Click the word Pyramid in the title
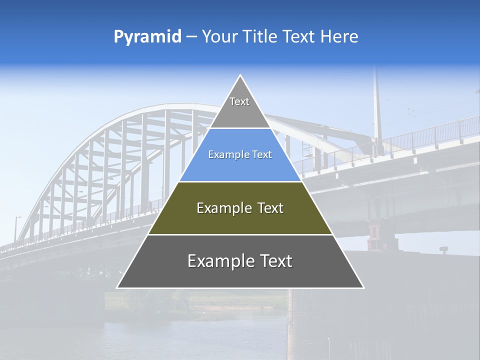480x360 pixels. click(x=147, y=37)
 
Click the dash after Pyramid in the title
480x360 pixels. click(x=191, y=37)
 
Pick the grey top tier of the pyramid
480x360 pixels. click(x=240, y=112)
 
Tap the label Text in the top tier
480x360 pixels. click(x=239, y=101)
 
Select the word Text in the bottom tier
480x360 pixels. click(x=273, y=261)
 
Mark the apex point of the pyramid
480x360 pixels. click(x=240, y=76)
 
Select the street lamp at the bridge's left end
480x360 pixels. click(x=16, y=227)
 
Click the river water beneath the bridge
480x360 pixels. click(x=200, y=335)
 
